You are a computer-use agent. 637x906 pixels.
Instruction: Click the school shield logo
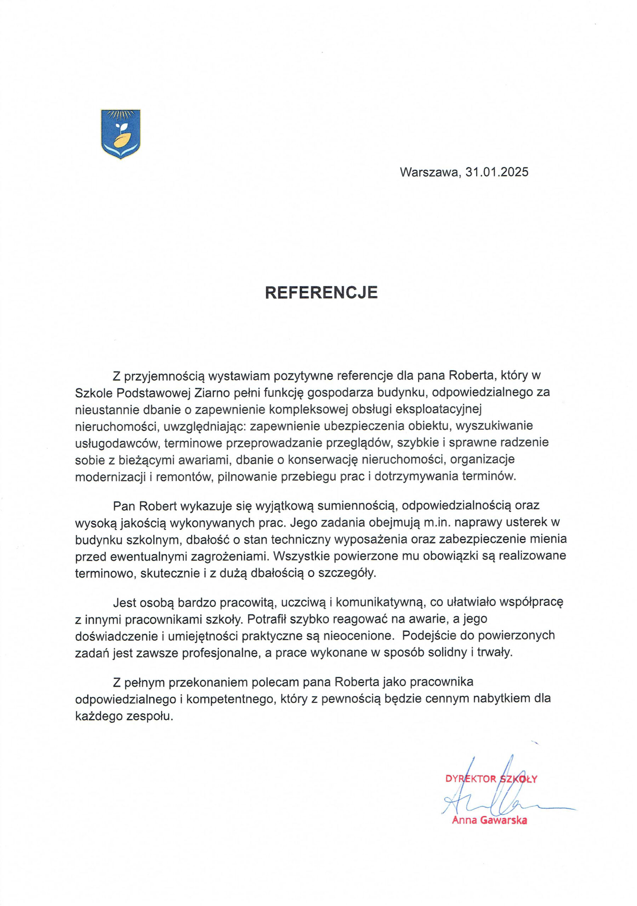[x=121, y=134]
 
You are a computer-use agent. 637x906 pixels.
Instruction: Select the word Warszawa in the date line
[x=429, y=172]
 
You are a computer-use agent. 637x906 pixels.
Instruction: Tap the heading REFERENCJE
[x=321, y=292]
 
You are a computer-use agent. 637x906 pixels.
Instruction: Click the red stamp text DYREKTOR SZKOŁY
[x=491, y=779]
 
